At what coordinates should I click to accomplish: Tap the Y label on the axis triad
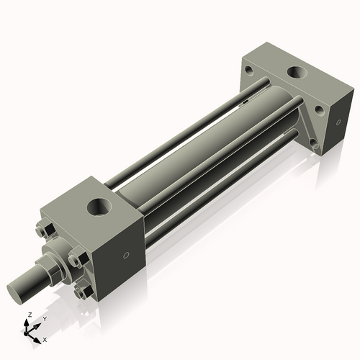click(x=44, y=318)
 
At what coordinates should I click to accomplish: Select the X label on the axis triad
click(x=45, y=338)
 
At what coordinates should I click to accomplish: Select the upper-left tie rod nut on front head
click(x=42, y=231)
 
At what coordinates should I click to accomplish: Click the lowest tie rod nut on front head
click(x=86, y=292)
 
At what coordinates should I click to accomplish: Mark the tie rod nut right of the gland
click(x=77, y=260)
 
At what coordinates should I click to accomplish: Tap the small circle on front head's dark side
click(x=127, y=254)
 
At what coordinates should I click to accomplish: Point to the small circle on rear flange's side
click(x=336, y=123)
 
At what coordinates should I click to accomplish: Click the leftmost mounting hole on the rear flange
click(x=248, y=71)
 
